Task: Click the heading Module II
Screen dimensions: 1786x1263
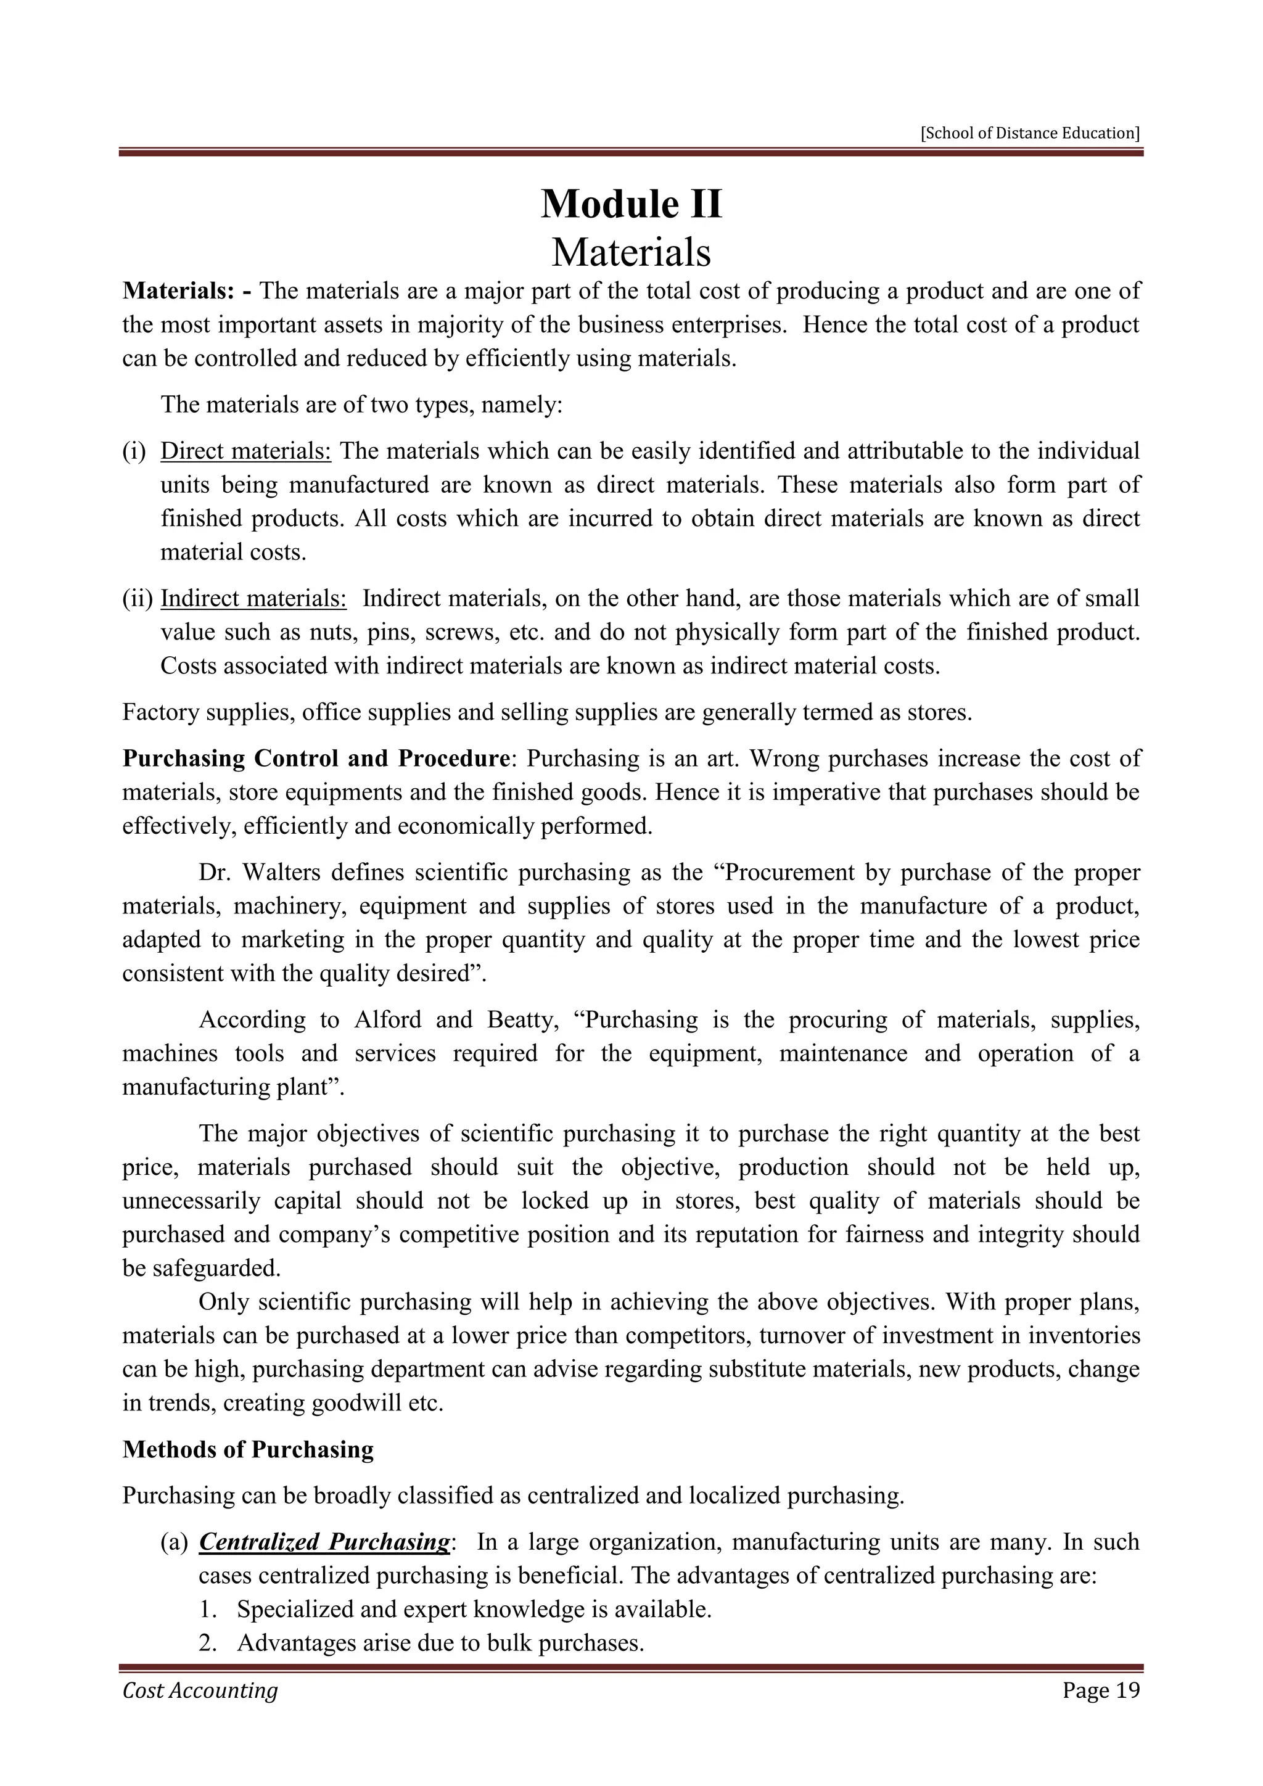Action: click(631, 205)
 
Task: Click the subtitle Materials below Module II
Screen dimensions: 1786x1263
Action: click(631, 252)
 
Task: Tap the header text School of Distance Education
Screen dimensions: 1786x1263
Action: click(1030, 133)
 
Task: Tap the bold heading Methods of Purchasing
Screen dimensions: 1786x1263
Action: click(248, 1449)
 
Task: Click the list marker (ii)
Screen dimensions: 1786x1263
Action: click(137, 599)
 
